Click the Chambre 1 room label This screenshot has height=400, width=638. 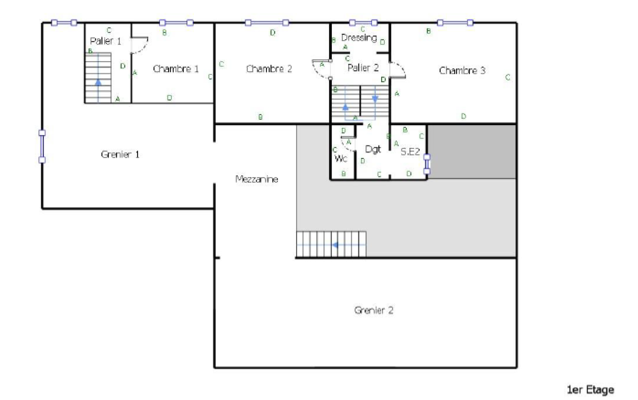pyautogui.click(x=175, y=69)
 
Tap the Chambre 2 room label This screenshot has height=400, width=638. pyautogui.click(x=269, y=69)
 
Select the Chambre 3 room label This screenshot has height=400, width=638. pyautogui.click(x=462, y=71)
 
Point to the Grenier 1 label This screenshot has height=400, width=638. pyautogui.click(x=120, y=155)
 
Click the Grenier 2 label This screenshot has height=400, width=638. pyautogui.click(x=374, y=310)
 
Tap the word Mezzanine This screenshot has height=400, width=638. pyautogui.click(x=256, y=179)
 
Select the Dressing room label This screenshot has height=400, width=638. pyautogui.click(x=359, y=38)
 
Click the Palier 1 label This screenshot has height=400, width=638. pyautogui.click(x=105, y=41)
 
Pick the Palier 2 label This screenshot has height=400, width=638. pyautogui.click(x=363, y=68)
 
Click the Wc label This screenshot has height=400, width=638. pyautogui.click(x=341, y=159)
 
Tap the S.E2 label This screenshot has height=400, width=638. pyautogui.click(x=410, y=152)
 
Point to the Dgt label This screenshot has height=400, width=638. pyautogui.click(x=373, y=149)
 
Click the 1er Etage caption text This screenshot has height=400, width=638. pyautogui.click(x=590, y=390)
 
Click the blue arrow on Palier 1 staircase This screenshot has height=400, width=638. pyautogui.click(x=98, y=82)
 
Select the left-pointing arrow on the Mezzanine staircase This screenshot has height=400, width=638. pyautogui.click(x=335, y=245)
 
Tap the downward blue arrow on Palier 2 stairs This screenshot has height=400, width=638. pyautogui.click(x=375, y=98)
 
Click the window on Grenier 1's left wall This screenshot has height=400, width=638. pyautogui.click(x=42, y=146)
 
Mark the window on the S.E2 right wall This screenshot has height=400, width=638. pyautogui.click(x=427, y=164)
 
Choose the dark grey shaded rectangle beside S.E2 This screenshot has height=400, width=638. pyautogui.click(x=472, y=151)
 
